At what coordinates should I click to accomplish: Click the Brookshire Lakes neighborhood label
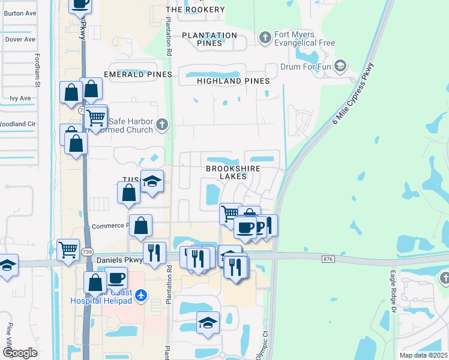(x=233, y=173)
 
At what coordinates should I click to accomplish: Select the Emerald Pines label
(x=138, y=74)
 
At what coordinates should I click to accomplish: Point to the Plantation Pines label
(x=209, y=39)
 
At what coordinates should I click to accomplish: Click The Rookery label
(x=195, y=10)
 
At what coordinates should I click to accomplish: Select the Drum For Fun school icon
(x=340, y=65)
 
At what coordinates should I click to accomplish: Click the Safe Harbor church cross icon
(x=161, y=125)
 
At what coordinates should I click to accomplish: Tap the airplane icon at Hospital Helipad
(x=141, y=295)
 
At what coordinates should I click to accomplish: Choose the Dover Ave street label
(x=20, y=40)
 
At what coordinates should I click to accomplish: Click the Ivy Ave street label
(x=20, y=98)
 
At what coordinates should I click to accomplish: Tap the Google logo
(x=20, y=353)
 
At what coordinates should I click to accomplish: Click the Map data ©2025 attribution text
(x=424, y=355)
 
